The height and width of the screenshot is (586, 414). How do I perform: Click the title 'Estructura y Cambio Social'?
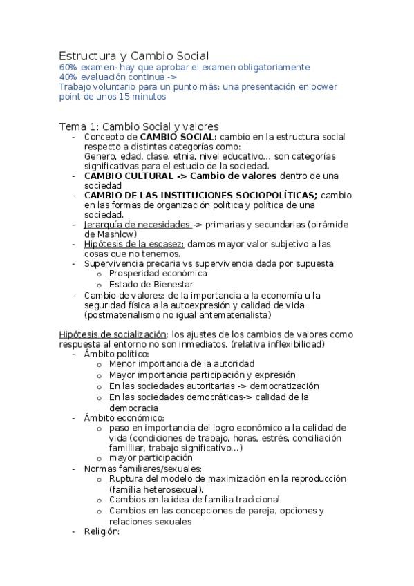[134, 55]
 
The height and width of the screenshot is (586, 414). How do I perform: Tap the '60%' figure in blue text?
[68, 68]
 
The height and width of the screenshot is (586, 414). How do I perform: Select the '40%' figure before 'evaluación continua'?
[68, 77]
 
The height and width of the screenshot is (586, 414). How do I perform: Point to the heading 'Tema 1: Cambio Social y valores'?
[138, 126]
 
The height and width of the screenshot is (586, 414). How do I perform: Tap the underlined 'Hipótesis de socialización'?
[113, 334]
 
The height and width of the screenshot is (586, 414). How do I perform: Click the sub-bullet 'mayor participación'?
[151, 457]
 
